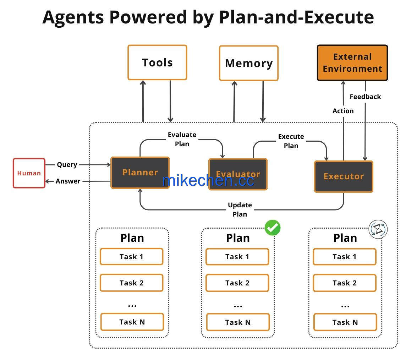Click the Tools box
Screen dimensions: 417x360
(x=158, y=62)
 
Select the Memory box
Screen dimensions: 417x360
(x=249, y=63)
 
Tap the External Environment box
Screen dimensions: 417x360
(x=352, y=63)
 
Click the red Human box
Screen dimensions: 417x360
(x=29, y=173)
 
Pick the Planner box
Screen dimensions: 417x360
(x=140, y=173)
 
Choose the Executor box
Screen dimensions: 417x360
(x=344, y=176)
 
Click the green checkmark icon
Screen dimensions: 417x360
(x=273, y=228)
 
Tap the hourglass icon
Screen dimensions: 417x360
(x=378, y=229)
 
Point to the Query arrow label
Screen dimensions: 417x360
(x=67, y=165)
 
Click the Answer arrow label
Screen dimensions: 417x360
(x=68, y=181)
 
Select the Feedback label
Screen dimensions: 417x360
(x=365, y=97)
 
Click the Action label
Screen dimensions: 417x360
(x=343, y=111)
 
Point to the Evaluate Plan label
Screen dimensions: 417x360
(x=182, y=139)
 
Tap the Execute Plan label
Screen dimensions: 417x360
(x=291, y=141)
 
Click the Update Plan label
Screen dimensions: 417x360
(x=240, y=210)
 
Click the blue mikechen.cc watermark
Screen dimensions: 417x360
(x=208, y=181)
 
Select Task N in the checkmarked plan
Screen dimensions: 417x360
(x=238, y=322)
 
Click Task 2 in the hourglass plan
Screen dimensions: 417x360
(x=345, y=283)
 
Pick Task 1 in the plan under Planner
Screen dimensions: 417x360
(x=131, y=257)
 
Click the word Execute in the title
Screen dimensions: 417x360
(x=339, y=17)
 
